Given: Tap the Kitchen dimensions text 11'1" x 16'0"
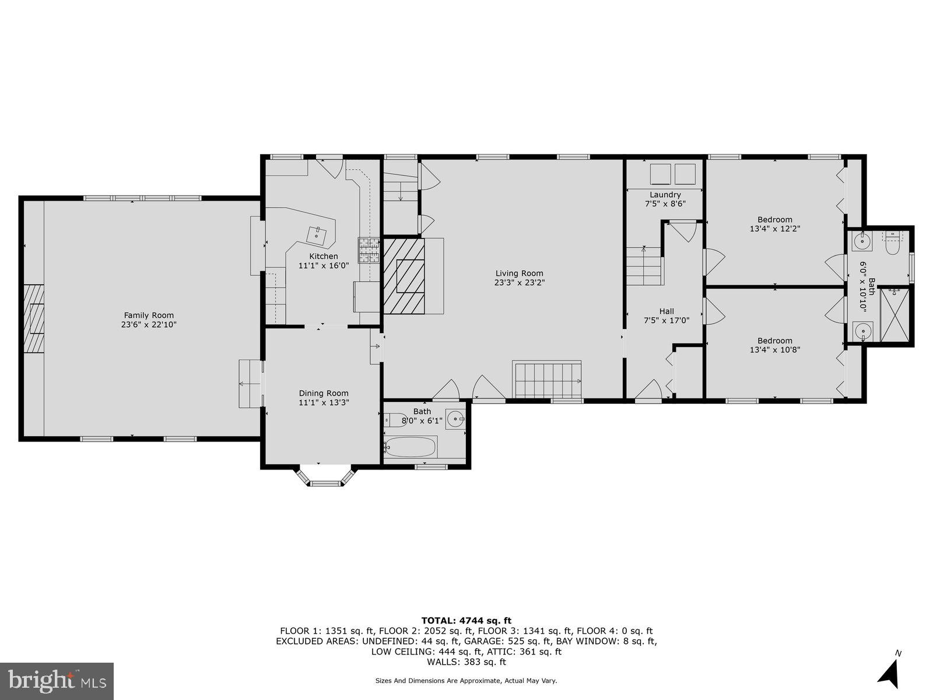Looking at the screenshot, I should coord(323,265).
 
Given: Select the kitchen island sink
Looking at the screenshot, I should coord(318,235).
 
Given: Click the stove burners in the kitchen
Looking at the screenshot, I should coord(368,250).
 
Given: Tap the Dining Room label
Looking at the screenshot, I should coord(324,393).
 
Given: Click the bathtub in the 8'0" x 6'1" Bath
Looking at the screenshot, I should coord(411,447).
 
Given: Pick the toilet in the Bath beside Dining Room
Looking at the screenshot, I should coord(394,418).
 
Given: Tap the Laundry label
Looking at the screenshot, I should coord(665,195).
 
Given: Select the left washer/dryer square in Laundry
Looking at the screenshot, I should coord(660,174).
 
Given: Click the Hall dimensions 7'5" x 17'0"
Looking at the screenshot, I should coord(667,320).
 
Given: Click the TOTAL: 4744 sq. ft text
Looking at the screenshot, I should coord(466,620).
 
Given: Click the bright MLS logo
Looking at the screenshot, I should coord(57,680).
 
